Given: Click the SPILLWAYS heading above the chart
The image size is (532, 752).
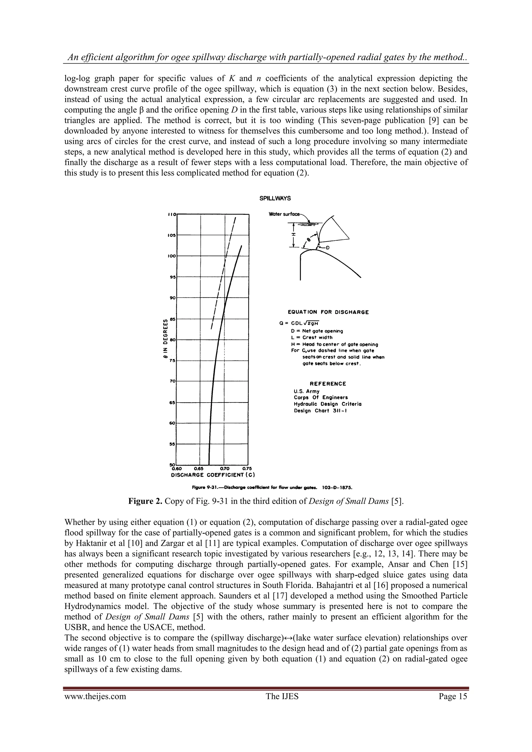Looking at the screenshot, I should coord(275,198).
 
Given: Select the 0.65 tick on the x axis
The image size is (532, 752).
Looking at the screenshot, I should coord(199,468).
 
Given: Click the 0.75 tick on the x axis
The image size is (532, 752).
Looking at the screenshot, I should coord(247,468).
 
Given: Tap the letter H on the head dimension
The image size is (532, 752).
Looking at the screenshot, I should coord(294,235).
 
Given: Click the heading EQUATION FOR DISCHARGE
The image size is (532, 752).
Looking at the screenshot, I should coord(328,312).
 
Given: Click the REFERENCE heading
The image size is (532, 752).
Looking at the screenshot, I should coord(328,384).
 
